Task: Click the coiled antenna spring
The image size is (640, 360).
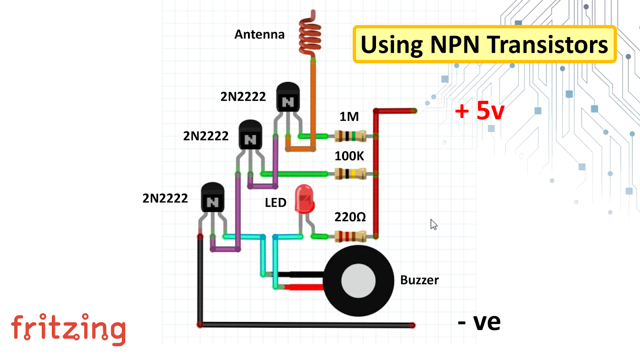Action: coord(310,38)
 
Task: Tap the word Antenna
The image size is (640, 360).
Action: coord(259,35)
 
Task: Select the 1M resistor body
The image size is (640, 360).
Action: coord(350,136)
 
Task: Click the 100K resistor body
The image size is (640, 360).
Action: coord(350,174)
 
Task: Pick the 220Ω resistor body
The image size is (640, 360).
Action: coord(350,236)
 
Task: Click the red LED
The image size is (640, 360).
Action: coord(304,199)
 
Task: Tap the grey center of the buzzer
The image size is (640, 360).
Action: coord(358,281)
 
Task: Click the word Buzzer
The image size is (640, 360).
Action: coord(419,280)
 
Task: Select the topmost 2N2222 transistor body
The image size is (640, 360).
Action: coord(288,98)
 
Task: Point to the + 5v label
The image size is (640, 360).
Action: coord(480,111)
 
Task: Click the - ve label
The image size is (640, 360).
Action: coord(479,322)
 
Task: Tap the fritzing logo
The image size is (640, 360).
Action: coord(68,329)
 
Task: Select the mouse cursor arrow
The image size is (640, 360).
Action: coord(434,224)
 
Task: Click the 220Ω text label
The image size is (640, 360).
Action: coord(350,217)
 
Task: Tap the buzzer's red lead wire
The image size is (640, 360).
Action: coord(304,287)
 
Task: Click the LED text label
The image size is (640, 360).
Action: coord(276,203)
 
